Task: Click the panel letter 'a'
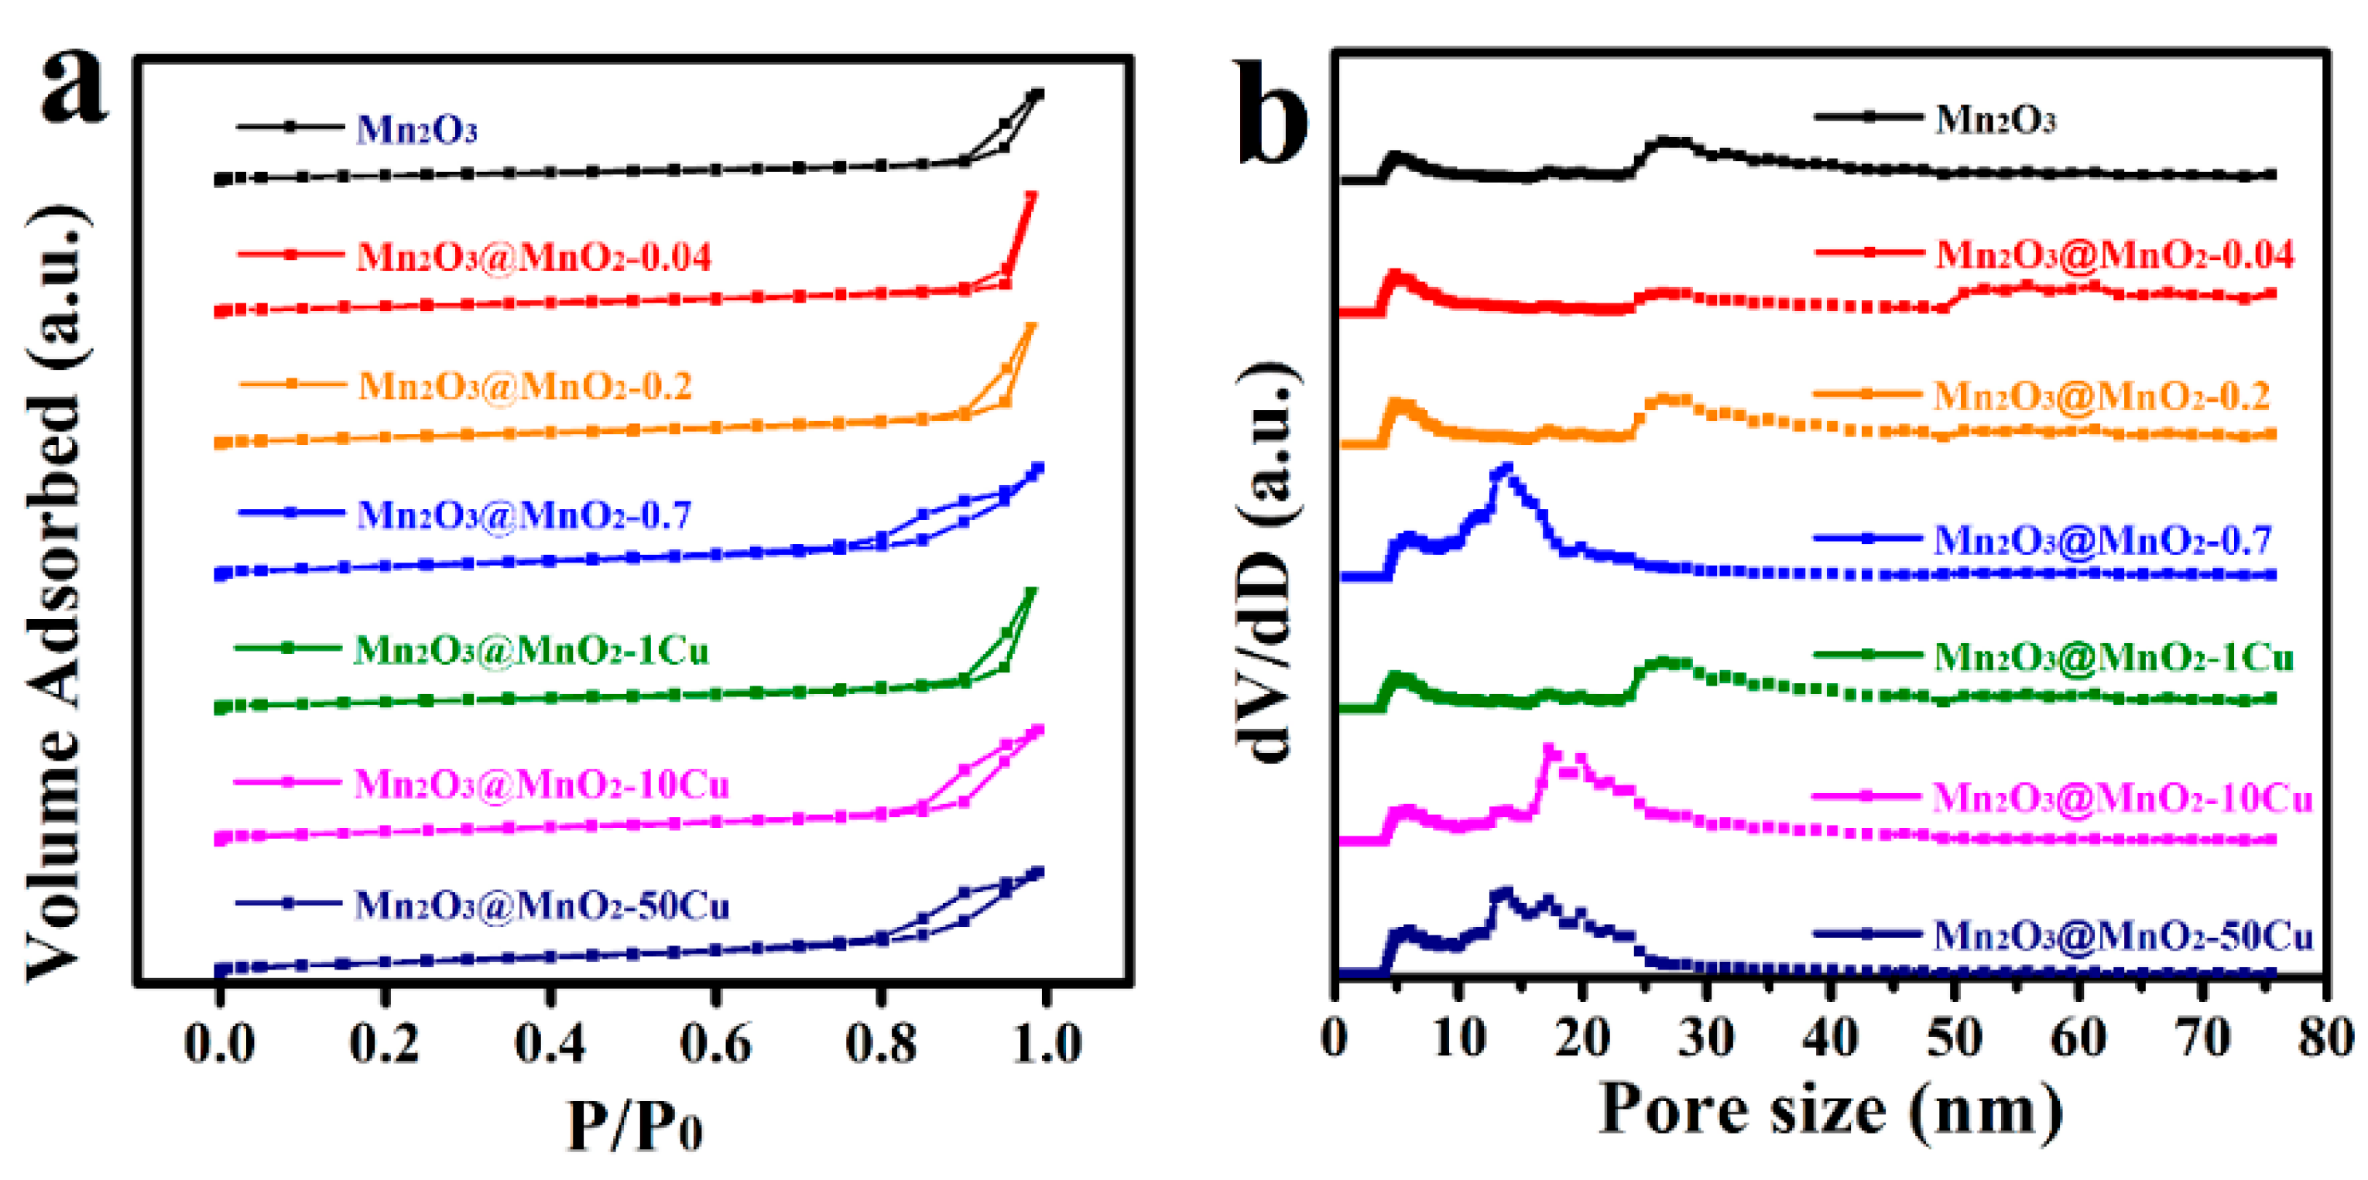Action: point(74,87)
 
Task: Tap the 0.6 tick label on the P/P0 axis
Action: point(715,1043)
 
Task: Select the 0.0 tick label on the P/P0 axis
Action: point(219,1043)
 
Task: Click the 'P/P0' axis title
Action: point(634,1123)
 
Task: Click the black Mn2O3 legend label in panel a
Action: point(416,129)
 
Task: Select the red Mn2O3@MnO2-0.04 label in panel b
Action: point(2114,255)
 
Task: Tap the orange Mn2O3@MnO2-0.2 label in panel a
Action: point(525,386)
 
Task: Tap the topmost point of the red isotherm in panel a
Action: point(1030,196)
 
